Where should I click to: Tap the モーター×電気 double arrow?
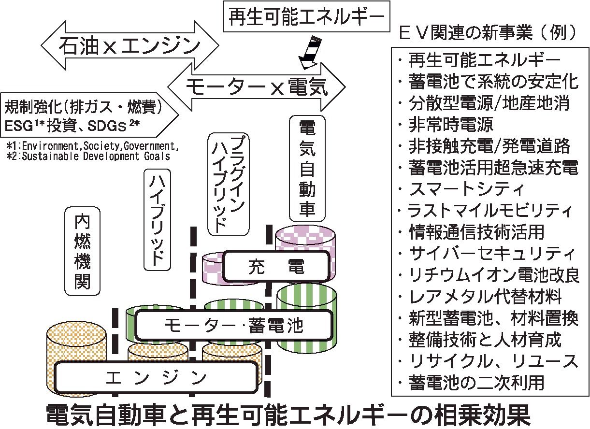256,87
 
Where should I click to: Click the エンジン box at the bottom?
156,376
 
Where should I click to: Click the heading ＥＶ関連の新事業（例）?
488,33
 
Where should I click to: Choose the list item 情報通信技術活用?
476,231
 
